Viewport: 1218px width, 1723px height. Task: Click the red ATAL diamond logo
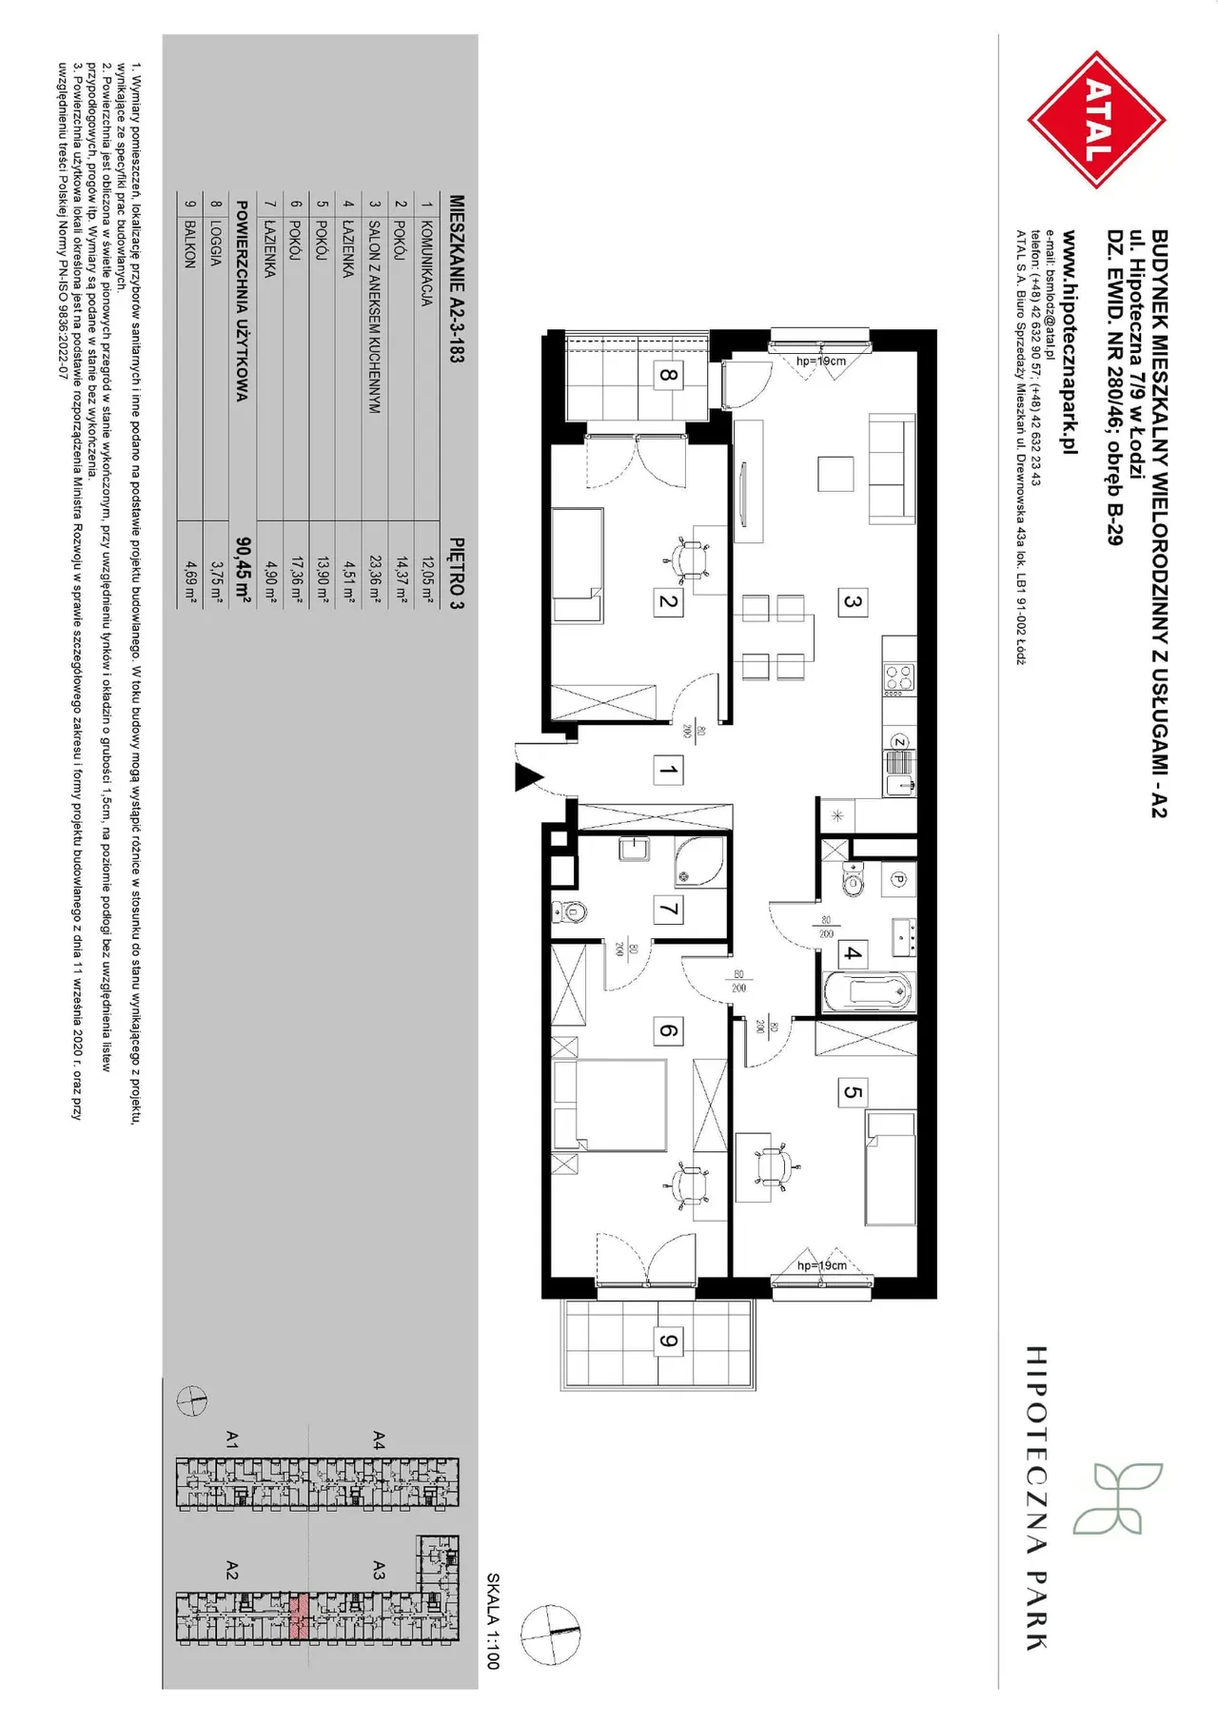[1097, 120]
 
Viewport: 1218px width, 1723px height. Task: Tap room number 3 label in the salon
[853, 601]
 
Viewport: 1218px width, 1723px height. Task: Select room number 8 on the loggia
[668, 375]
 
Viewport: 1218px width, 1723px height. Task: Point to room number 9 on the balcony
[668, 1341]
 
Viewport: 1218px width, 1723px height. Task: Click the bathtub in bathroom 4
[867, 992]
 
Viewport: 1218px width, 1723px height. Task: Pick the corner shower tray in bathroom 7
[700, 860]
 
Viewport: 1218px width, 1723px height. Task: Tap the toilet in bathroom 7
[570, 911]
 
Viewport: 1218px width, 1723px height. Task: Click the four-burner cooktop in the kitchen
[899, 677]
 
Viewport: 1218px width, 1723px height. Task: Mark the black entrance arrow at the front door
[529, 776]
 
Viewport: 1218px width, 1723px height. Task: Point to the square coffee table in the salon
[836, 473]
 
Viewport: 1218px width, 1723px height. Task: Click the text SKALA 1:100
[493, 1620]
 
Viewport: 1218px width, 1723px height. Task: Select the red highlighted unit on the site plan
[299, 1616]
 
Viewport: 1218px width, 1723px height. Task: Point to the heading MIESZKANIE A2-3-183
[457, 279]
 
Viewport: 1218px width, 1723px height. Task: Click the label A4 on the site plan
[379, 1439]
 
